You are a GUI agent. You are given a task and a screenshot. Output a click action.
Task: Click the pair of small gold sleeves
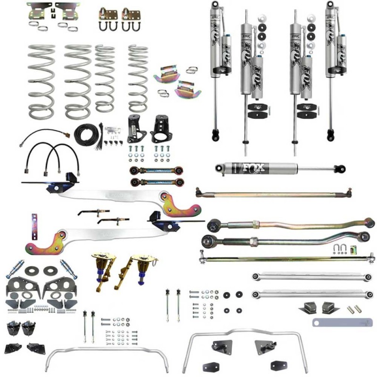[351, 310]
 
